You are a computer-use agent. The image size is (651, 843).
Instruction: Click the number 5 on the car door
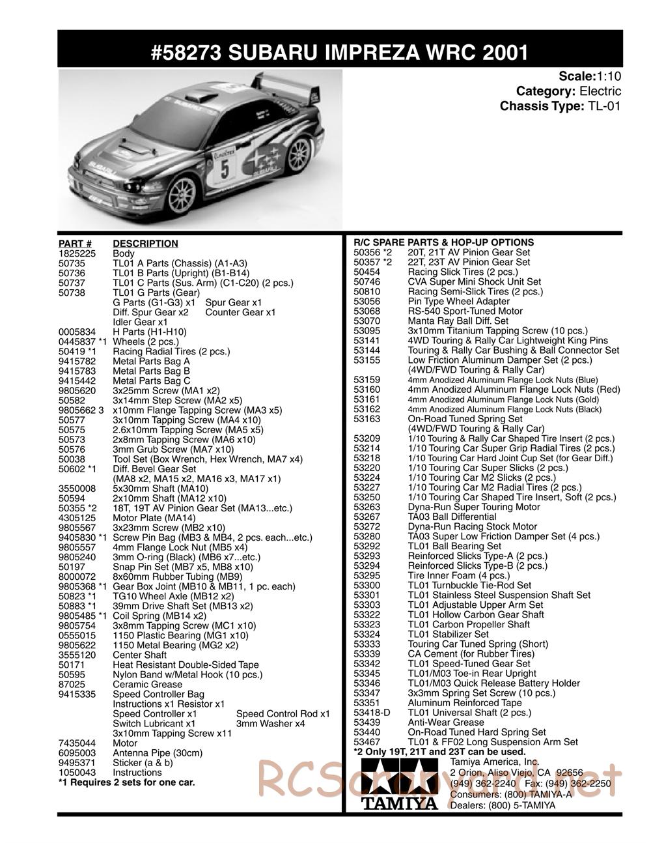point(225,167)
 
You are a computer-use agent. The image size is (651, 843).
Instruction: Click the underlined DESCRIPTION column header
point(145,244)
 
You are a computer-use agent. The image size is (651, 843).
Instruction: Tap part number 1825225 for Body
point(77,253)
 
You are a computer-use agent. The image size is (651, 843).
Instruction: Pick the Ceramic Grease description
point(148,684)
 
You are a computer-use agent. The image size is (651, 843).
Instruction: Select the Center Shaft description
point(140,655)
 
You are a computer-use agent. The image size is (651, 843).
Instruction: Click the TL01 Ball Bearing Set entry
point(454,546)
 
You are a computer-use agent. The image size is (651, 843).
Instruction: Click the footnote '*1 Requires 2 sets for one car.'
point(126,782)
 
